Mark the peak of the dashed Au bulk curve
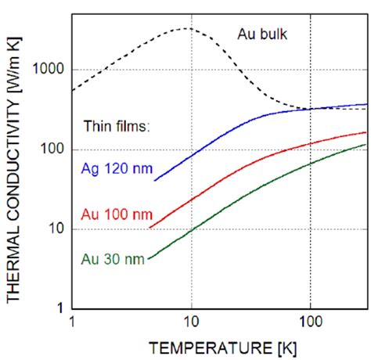point(185,28)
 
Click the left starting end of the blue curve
point(154,181)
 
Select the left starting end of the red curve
point(149,228)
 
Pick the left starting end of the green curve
point(148,258)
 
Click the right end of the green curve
point(366,144)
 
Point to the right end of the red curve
point(366,132)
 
